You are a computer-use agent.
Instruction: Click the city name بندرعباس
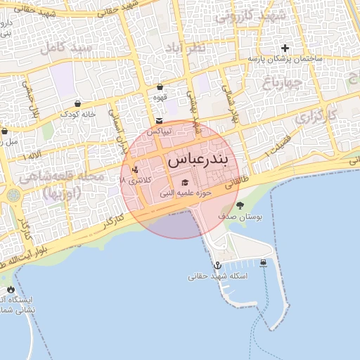(x=198, y=160)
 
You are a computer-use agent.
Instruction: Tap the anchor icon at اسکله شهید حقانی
(x=218, y=265)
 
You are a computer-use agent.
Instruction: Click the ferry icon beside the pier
(x=263, y=263)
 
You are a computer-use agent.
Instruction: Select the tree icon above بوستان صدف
(x=240, y=206)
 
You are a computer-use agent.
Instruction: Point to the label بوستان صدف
(x=240, y=218)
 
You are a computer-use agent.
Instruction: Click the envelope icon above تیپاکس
(x=160, y=121)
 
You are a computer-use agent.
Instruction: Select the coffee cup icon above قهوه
(x=160, y=87)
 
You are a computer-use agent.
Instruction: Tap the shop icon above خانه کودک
(x=77, y=103)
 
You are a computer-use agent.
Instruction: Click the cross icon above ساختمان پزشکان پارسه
(x=285, y=49)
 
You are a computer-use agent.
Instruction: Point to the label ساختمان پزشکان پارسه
(x=285, y=59)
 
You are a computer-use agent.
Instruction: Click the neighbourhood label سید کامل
(x=67, y=49)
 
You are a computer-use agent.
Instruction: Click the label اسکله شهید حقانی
(x=218, y=276)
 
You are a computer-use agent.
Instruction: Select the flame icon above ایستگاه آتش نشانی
(x=10, y=289)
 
